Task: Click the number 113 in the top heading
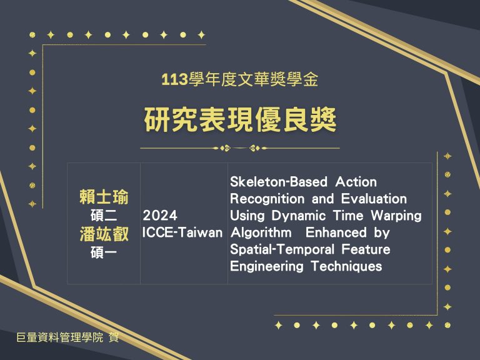(174, 79)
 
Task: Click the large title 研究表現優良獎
(240, 120)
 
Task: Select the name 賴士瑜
(104, 197)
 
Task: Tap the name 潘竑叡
(104, 234)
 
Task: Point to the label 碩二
(104, 216)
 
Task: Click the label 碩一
(104, 253)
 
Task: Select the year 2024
(160, 216)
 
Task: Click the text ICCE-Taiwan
(182, 232)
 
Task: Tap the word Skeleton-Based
(279, 182)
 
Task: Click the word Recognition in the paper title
(267, 199)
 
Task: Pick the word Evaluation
(374, 199)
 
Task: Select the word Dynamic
(299, 216)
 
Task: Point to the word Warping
(396, 216)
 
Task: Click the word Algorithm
(261, 233)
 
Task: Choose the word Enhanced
(336, 232)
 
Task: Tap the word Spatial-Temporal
(282, 249)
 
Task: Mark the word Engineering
(267, 266)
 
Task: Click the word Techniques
(346, 266)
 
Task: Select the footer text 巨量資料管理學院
(60, 337)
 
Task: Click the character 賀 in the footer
(114, 337)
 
